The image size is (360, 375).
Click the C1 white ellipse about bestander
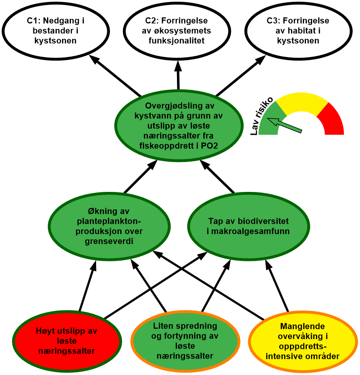click(56, 31)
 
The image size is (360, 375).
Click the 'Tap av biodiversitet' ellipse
click(249, 226)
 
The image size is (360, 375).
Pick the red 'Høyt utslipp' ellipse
click(67, 341)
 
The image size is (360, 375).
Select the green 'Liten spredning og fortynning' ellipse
click(185, 341)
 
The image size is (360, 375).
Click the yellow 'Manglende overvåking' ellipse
click(303, 341)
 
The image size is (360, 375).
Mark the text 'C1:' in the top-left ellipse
click(34, 21)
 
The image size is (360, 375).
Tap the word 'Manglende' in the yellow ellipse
click(303, 326)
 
